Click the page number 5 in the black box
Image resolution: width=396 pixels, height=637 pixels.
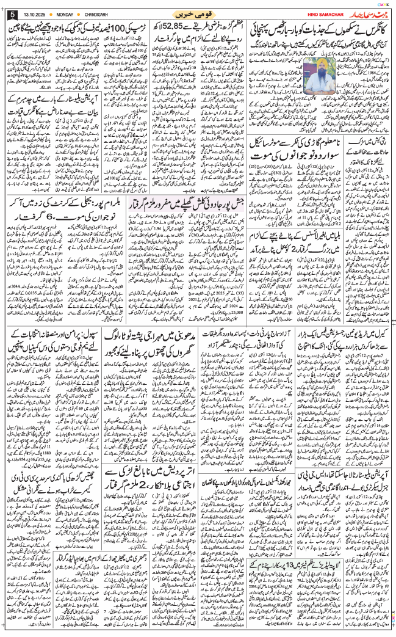point(13,14)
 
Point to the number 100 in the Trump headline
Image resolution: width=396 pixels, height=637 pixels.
point(128,28)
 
